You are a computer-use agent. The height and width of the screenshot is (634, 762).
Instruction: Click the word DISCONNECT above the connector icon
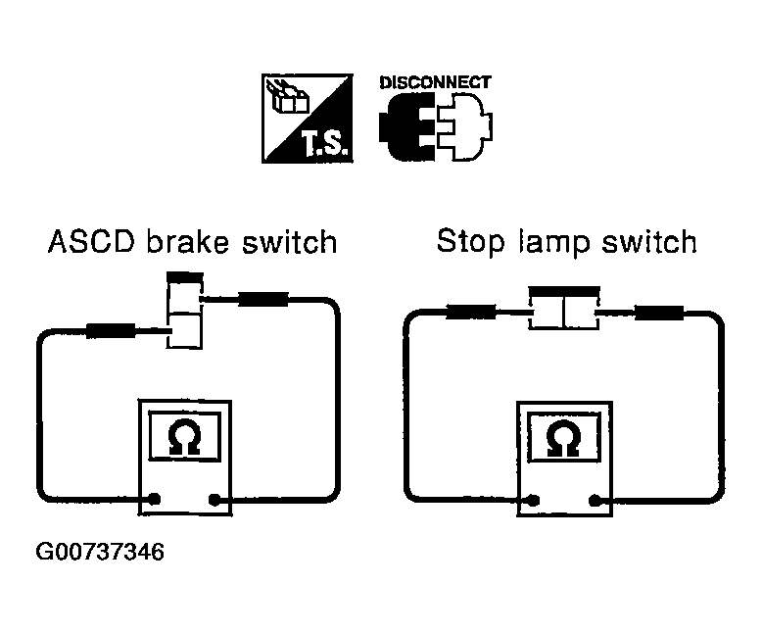(x=435, y=82)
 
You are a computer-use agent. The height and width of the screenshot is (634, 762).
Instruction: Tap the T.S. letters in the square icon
(x=324, y=143)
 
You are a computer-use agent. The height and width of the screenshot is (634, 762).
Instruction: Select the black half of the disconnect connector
(x=406, y=127)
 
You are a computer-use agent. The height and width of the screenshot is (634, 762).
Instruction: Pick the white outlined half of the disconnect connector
(x=464, y=127)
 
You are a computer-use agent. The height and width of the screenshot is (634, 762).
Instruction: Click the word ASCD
(x=91, y=242)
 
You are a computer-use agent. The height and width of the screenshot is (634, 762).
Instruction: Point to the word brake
(x=188, y=242)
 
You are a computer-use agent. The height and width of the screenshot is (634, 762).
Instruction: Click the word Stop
(x=471, y=242)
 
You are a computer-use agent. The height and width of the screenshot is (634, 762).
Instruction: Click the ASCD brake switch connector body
(x=185, y=311)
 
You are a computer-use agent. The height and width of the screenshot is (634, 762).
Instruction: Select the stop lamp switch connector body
(x=564, y=309)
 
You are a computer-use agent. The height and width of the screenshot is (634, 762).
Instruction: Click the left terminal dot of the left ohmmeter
(x=154, y=499)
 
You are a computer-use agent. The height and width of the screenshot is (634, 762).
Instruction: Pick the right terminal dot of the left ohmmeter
(x=214, y=500)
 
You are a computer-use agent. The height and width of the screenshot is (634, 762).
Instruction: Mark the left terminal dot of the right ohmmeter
(x=533, y=501)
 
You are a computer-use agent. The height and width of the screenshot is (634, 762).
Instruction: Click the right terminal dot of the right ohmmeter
(x=595, y=501)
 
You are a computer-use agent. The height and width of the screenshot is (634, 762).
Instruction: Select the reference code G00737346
(x=100, y=552)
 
